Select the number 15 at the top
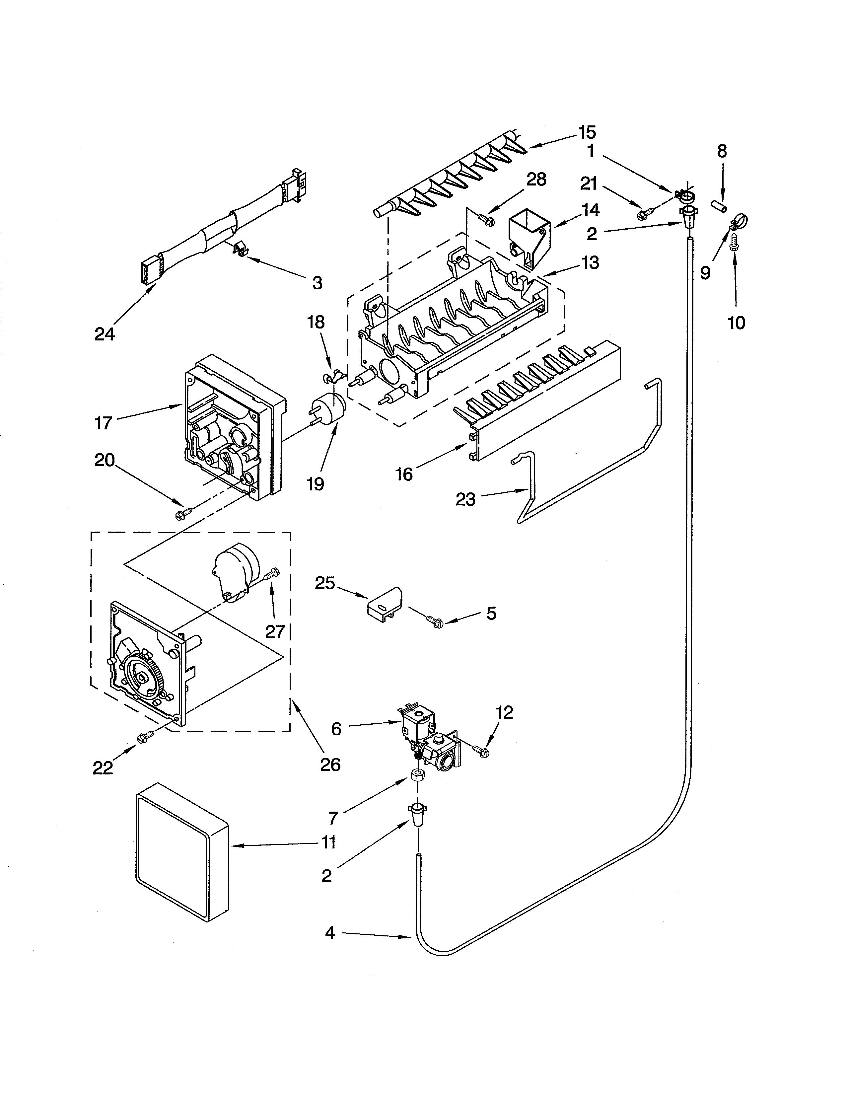point(587,132)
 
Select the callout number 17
point(103,423)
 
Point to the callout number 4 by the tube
point(329,933)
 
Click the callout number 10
point(736,323)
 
